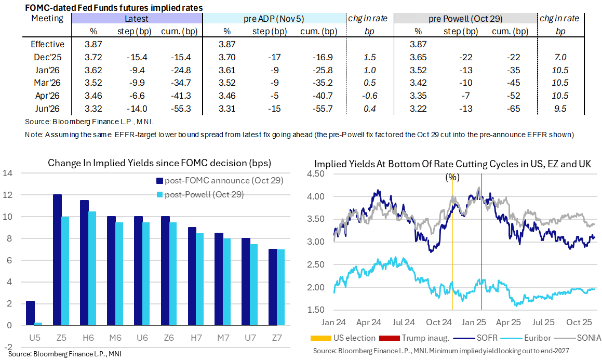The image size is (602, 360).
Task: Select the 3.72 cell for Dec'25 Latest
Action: pos(93,57)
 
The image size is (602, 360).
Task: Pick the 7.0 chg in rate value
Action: pos(560,57)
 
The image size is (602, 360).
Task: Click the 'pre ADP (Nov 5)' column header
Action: pos(274,19)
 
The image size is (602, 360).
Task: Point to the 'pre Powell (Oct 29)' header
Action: pos(465,19)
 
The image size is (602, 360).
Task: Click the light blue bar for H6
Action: pos(92,268)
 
